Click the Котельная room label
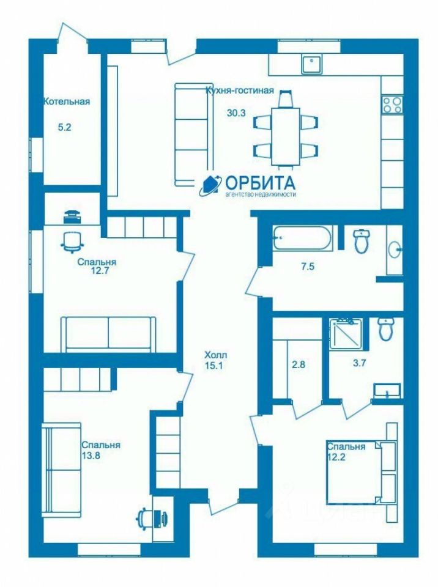tap(67, 102)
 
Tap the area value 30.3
tap(236, 113)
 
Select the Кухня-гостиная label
tap(240, 90)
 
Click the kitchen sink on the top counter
tap(312, 64)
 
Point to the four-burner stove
tap(392, 105)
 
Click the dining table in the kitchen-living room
tap(286, 136)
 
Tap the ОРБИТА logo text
tap(261, 183)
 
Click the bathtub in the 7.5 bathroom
tap(302, 238)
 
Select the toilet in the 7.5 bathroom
tap(362, 240)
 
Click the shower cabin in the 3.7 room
tap(345, 334)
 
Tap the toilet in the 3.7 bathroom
tap(385, 329)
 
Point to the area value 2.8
tap(299, 364)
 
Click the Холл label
tap(216, 355)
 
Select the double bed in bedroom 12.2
tap(361, 473)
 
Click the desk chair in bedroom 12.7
tap(72, 242)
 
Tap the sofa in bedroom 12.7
tap(108, 334)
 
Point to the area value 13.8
tap(91, 456)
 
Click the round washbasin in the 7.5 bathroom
tap(395, 249)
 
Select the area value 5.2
tap(64, 127)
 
